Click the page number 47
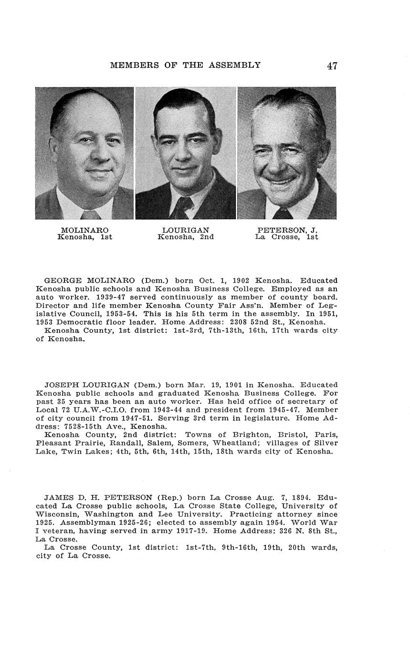coord(332,65)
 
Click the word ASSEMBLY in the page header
coord(234,65)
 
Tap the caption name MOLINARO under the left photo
coord(84,230)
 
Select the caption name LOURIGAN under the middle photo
coord(185,230)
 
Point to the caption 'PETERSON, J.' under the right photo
coord(287,230)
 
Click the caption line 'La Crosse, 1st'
coord(286,237)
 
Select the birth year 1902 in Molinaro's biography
coord(241,280)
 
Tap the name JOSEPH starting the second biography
coord(62,385)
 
